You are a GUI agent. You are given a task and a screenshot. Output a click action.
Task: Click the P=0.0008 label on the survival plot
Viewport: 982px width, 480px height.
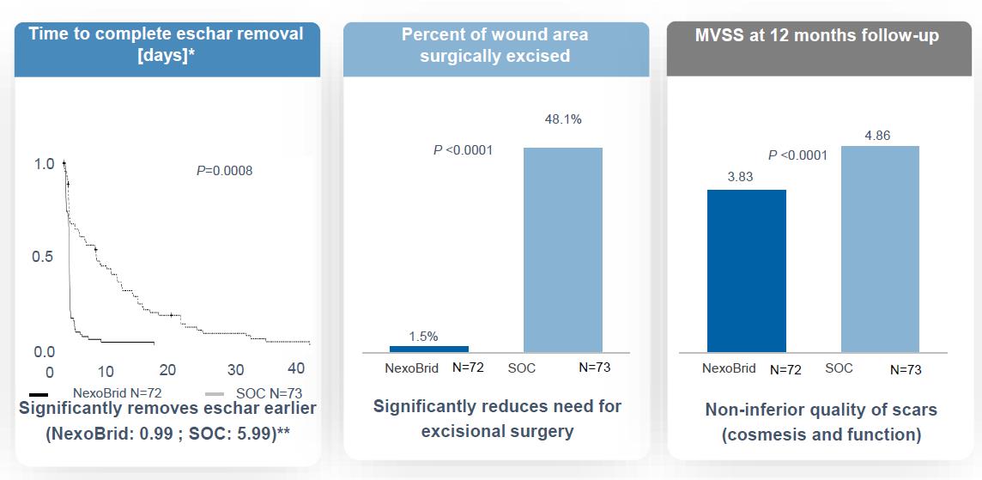224,171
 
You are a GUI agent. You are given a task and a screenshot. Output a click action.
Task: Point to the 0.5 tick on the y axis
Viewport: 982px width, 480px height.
44,257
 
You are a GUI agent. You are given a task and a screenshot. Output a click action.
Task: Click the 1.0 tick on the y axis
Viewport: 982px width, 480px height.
44,163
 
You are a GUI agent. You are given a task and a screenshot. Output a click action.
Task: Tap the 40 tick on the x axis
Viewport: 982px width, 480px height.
296,368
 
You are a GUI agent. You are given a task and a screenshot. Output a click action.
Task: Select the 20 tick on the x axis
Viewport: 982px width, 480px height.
168,369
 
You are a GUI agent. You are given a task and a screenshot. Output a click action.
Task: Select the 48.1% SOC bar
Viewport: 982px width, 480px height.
563,250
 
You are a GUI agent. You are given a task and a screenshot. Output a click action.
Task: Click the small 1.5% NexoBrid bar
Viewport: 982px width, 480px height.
429,349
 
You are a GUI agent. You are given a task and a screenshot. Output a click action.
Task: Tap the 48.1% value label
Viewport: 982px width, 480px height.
563,119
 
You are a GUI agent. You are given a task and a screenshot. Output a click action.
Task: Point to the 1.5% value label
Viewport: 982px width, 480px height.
422,336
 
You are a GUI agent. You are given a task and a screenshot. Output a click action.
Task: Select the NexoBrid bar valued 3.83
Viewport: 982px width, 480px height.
746,270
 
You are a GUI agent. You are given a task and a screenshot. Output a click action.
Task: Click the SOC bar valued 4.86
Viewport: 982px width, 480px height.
880,249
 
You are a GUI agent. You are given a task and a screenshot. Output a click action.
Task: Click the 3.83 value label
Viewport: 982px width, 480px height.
739,175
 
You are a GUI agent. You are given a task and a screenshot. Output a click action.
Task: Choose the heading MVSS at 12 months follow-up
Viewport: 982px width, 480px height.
816,36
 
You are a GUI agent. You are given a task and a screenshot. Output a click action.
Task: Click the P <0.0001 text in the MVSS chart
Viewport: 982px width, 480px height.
797,155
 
